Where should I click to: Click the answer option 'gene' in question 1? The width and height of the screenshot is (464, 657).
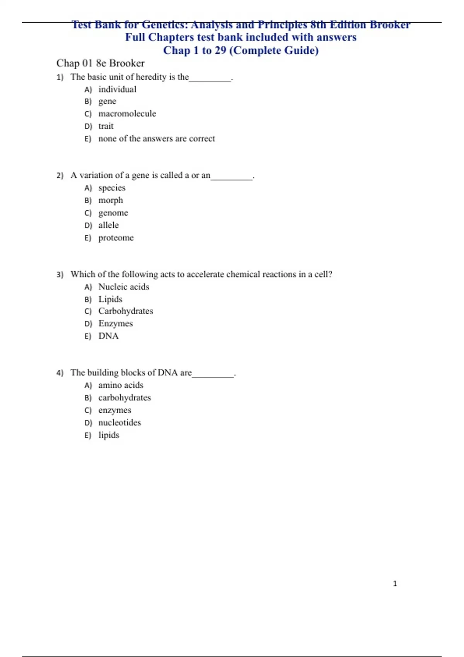tap(107, 102)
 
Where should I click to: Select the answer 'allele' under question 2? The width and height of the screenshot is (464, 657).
tap(108, 225)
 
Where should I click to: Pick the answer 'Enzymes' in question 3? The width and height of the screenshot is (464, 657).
tap(115, 323)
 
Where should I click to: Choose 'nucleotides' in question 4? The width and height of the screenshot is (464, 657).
tap(119, 422)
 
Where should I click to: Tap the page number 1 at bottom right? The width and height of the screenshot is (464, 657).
tap(395, 584)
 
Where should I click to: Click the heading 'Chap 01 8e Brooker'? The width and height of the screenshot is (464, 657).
tap(101, 63)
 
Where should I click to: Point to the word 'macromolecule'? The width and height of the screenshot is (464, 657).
tap(127, 114)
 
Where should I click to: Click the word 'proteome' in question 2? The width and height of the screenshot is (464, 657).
tap(116, 238)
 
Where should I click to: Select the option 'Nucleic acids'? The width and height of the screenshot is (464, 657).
tap(124, 287)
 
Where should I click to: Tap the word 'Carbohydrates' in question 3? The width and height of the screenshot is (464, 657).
tap(126, 311)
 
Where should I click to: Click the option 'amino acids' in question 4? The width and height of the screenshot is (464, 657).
tap(121, 385)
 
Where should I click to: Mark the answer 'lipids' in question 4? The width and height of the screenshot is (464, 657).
tap(109, 435)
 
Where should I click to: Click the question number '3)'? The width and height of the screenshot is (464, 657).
tap(60, 275)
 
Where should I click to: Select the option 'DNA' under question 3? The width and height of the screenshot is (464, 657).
tap(108, 336)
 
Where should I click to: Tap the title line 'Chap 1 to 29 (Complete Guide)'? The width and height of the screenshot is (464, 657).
tap(241, 51)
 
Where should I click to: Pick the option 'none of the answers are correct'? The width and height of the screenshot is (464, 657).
tap(157, 139)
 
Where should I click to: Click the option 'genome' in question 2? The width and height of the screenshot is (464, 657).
tap(113, 213)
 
